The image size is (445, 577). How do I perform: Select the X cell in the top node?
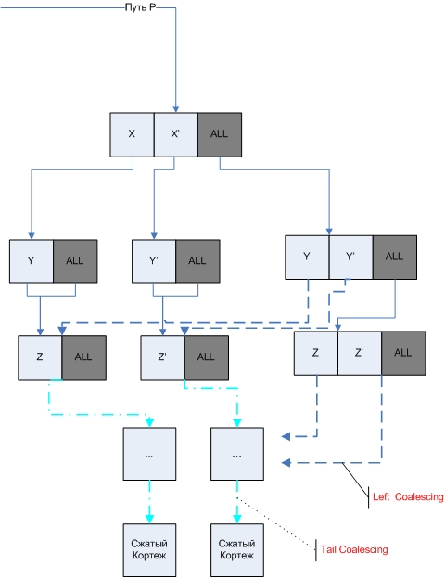132,134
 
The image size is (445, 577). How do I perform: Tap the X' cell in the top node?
175,134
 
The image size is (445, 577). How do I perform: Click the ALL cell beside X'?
220,134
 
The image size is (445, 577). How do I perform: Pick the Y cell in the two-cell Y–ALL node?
31,260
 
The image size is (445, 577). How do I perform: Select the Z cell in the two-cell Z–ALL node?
40,355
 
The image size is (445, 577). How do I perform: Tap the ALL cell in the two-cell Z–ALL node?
83,355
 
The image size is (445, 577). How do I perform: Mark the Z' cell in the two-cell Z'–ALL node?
162,355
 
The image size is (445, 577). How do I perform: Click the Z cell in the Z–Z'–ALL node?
316,352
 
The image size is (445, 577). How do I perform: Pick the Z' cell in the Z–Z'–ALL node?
360,352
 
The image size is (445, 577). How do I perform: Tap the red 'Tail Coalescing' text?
354,549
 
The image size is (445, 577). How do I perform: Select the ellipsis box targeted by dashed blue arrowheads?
237,455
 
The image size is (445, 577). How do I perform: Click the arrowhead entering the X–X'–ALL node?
176,107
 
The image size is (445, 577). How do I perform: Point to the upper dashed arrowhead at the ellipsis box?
287,435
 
